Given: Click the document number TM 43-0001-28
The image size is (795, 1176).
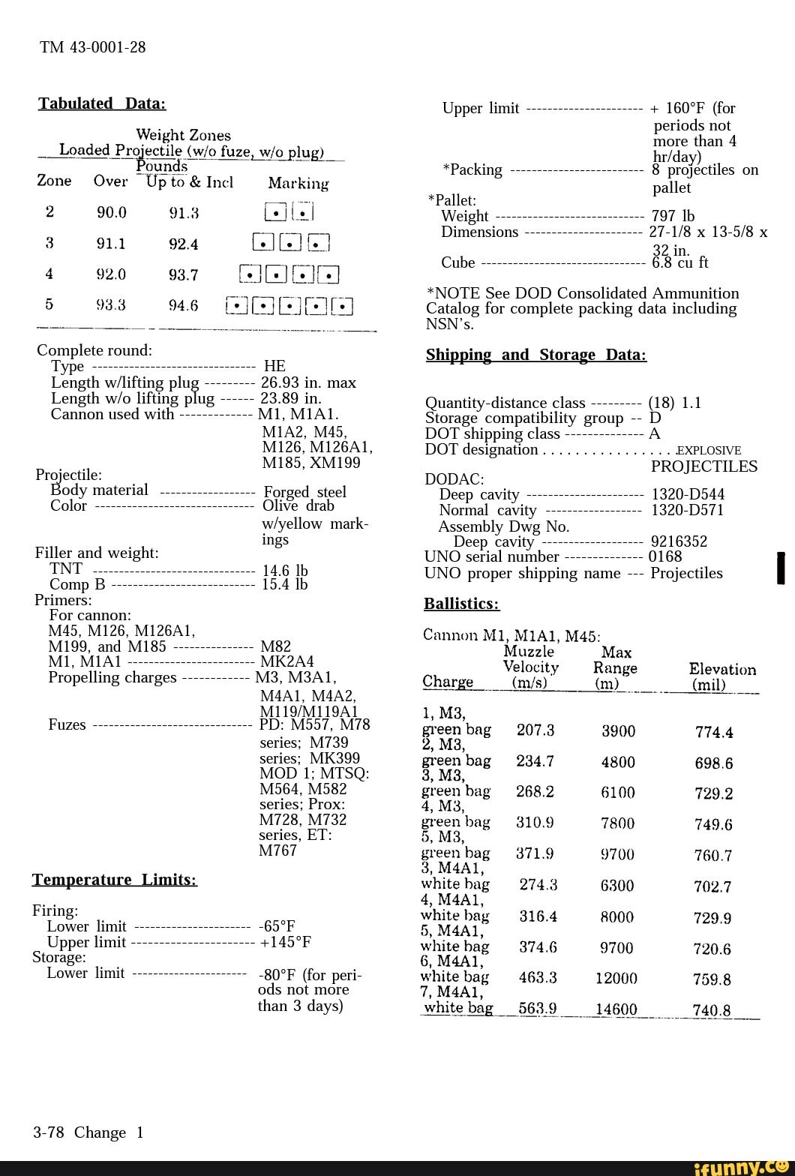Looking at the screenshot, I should pyautogui.click(x=92, y=47).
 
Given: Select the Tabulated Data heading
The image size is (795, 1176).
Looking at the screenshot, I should pyautogui.click(x=102, y=103).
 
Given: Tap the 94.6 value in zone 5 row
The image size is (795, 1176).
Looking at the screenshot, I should pyautogui.click(x=183, y=305).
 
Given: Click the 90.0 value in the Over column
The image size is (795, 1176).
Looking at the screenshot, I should pyautogui.click(x=111, y=213).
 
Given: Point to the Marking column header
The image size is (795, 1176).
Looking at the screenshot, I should pyautogui.click(x=298, y=184).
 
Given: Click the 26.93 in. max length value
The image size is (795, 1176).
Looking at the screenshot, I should pyautogui.click(x=307, y=382).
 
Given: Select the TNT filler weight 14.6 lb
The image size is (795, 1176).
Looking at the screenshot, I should pyautogui.click(x=285, y=571).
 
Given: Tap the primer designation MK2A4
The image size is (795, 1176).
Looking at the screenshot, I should pyautogui.click(x=286, y=661).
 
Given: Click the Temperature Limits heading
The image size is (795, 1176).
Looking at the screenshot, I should pyautogui.click(x=114, y=880).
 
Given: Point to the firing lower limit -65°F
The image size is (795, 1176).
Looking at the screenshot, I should pyautogui.click(x=277, y=926).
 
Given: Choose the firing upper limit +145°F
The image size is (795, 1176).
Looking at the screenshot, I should pyautogui.click(x=285, y=942).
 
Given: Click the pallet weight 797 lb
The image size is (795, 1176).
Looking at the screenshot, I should pyautogui.click(x=673, y=217).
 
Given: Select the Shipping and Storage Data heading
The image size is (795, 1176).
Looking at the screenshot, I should pyautogui.click(x=535, y=355).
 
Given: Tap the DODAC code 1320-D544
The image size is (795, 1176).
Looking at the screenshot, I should pyautogui.click(x=688, y=494).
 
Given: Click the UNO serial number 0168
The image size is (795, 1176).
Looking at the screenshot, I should pyautogui.click(x=665, y=556).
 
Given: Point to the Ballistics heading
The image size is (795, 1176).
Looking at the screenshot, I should pyautogui.click(x=461, y=604).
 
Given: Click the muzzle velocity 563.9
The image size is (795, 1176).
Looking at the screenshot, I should pyautogui.click(x=537, y=1009).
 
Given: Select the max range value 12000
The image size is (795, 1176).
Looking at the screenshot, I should pyautogui.click(x=616, y=978).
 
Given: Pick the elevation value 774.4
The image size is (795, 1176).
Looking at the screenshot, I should pyautogui.click(x=713, y=733).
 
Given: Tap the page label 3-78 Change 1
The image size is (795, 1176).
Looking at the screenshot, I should pyautogui.click(x=88, y=1132).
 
